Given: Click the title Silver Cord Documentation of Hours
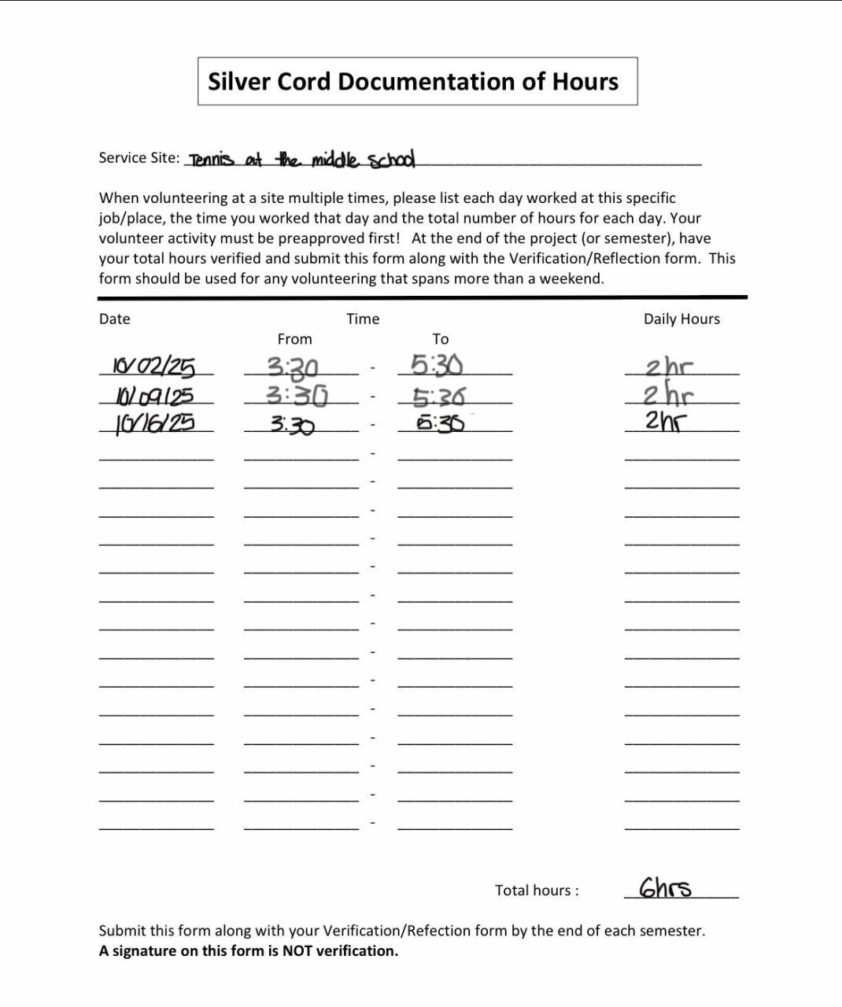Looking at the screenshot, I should point(413,82).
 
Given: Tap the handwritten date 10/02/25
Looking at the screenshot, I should point(153,367).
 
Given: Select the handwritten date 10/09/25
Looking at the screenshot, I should point(154,395).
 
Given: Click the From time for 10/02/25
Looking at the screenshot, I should point(292,367).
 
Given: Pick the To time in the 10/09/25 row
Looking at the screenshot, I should point(438,396).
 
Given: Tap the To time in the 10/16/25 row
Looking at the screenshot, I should point(440,423).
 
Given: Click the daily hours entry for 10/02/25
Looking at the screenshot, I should point(669,367).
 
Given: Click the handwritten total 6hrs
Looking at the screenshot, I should point(665,888).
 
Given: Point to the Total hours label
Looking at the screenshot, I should point(537,891).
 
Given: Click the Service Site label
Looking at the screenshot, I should point(138,157).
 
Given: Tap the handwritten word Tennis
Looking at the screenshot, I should point(211,160).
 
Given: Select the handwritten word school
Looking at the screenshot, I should point(391,160).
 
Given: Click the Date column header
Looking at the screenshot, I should point(114,319).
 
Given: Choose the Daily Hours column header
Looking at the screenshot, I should point(681,319).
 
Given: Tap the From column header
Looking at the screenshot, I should point(294,339).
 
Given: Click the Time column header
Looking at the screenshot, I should point(363,319).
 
